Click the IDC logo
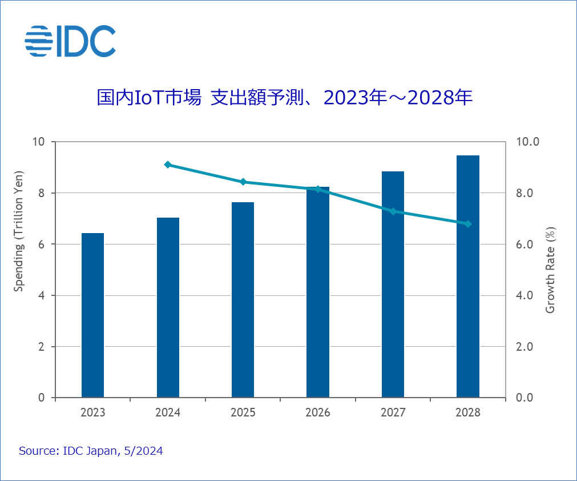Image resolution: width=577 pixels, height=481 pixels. click(70, 41)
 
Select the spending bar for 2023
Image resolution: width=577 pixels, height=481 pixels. click(93, 315)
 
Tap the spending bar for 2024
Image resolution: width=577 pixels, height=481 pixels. click(168, 307)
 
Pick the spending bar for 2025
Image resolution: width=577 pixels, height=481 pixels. click(243, 300)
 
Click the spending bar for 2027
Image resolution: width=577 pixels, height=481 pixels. click(393, 284)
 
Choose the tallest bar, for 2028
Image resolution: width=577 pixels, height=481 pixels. click(467, 276)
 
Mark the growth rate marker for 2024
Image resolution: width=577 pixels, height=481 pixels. click(168, 165)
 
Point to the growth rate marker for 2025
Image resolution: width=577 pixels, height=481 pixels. click(243, 182)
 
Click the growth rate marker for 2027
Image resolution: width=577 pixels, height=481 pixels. click(393, 211)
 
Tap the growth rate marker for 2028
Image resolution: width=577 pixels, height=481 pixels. click(467, 224)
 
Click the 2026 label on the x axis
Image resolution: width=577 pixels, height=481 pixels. click(318, 412)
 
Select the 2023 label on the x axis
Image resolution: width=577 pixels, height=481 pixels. click(93, 412)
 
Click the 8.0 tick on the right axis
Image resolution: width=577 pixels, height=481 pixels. click(524, 193)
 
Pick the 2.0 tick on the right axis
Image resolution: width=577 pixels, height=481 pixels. click(524, 347)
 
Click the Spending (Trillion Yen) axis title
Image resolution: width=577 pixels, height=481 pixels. click(19, 231)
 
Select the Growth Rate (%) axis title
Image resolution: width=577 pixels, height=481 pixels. click(550, 270)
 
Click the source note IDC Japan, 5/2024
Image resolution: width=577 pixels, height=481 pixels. click(91, 451)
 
